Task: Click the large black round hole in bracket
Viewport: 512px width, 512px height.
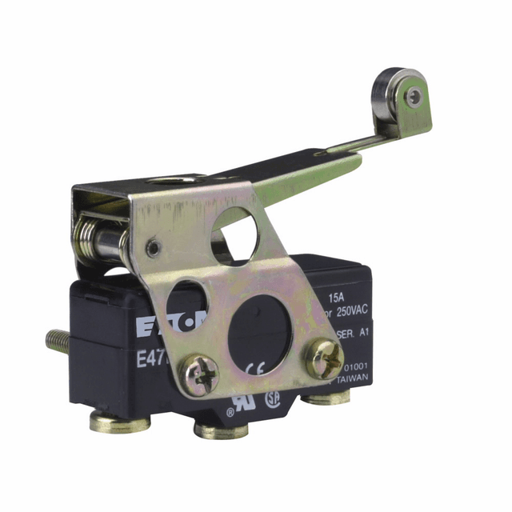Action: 260,327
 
